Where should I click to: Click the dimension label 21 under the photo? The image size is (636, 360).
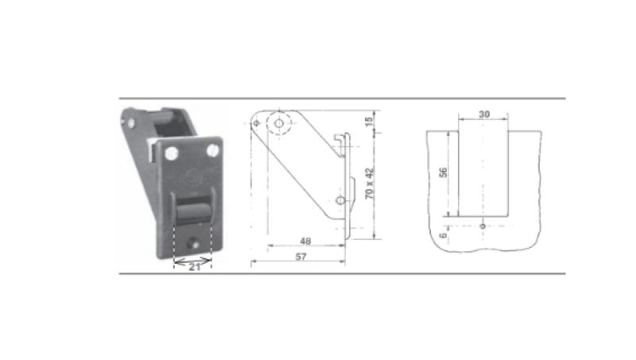coord(195,267)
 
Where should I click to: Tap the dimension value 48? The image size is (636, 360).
coord(305,242)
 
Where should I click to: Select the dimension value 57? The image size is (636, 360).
coord(301,257)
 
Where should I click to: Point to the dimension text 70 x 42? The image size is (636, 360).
coord(370,184)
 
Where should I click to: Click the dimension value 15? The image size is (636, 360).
coord(369,122)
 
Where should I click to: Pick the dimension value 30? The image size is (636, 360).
coord(484,114)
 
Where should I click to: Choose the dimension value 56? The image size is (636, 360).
coord(444,172)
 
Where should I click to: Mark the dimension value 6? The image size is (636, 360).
coord(444,234)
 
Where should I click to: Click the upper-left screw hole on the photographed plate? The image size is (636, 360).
coord(172,153)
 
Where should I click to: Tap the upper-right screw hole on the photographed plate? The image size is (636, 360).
coord(212,150)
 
